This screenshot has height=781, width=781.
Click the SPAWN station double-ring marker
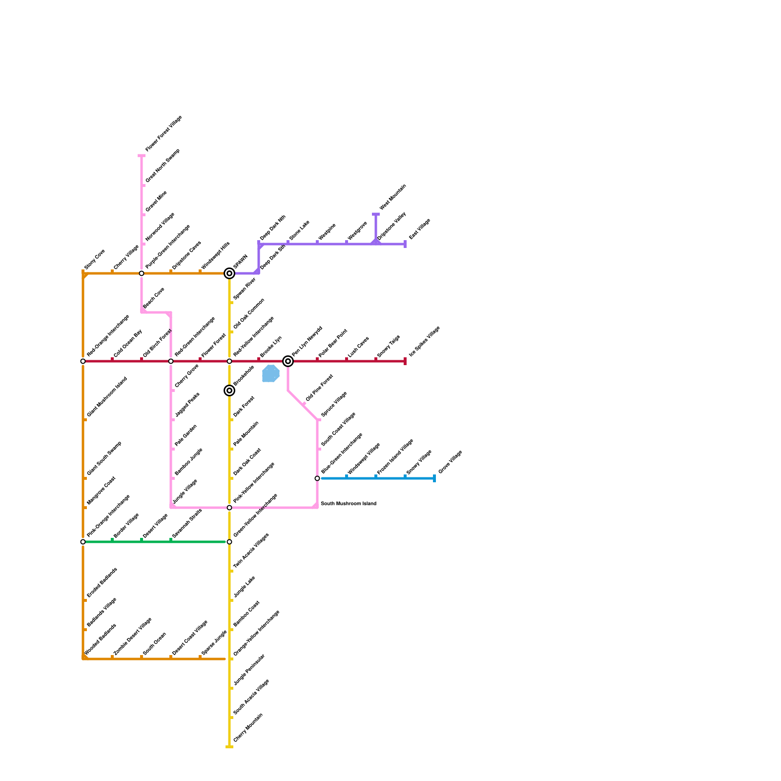(x=229, y=273)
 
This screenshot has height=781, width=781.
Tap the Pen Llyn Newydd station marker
(x=288, y=361)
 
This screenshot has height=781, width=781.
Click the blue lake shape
(x=270, y=373)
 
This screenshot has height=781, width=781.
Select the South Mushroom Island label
(x=348, y=504)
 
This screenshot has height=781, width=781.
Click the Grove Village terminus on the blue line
(x=434, y=478)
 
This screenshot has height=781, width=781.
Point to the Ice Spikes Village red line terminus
(x=405, y=361)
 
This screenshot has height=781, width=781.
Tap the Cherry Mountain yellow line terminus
(x=229, y=746)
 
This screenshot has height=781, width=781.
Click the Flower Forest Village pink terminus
(x=142, y=156)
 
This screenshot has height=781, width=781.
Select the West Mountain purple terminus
(x=376, y=214)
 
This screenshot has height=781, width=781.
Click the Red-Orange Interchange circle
(x=83, y=361)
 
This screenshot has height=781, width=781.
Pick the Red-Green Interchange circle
(x=171, y=361)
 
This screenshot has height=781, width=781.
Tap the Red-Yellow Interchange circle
(x=229, y=361)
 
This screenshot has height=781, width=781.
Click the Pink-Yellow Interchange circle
(x=229, y=508)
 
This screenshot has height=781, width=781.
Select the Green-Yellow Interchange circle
(x=229, y=542)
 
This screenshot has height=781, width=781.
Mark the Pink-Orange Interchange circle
(x=83, y=542)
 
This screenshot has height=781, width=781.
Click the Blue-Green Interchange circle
(x=317, y=478)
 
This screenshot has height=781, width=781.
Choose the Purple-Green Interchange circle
(x=142, y=273)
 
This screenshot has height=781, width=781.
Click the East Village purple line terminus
(x=405, y=244)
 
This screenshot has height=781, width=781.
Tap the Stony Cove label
(x=95, y=259)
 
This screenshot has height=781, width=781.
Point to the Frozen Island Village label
(x=395, y=457)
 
